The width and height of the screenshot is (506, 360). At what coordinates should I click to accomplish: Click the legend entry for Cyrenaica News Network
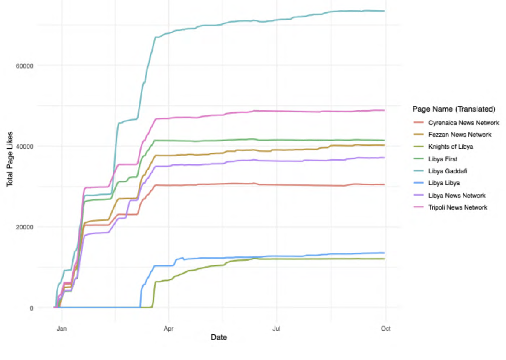click(x=463, y=123)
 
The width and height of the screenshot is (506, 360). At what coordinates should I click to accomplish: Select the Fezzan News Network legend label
click(x=460, y=135)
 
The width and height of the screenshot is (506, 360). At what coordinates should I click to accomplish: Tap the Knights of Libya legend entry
click(x=451, y=147)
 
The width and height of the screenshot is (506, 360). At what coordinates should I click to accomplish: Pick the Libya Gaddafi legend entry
click(x=447, y=171)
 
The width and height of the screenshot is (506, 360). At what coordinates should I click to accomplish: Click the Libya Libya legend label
click(x=444, y=183)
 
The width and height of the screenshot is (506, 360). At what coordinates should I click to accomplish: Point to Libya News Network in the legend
click(x=457, y=196)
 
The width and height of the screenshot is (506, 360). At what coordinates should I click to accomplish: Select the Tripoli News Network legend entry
click(x=458, y=207)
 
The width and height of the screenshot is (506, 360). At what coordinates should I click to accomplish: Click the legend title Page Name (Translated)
click(x=454, y=109)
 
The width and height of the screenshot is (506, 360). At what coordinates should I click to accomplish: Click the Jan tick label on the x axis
click(x=61, y=328)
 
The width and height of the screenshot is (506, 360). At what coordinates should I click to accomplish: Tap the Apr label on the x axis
click(x=169, y=328)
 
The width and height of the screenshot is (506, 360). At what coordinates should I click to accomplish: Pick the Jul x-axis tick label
click(x=276, y=328)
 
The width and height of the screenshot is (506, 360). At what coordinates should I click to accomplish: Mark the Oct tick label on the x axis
click(x=385, y=328)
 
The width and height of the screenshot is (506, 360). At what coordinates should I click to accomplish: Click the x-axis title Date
click(x=219, y=337)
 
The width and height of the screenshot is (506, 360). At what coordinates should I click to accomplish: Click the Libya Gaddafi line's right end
click(x=385, y=11)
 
